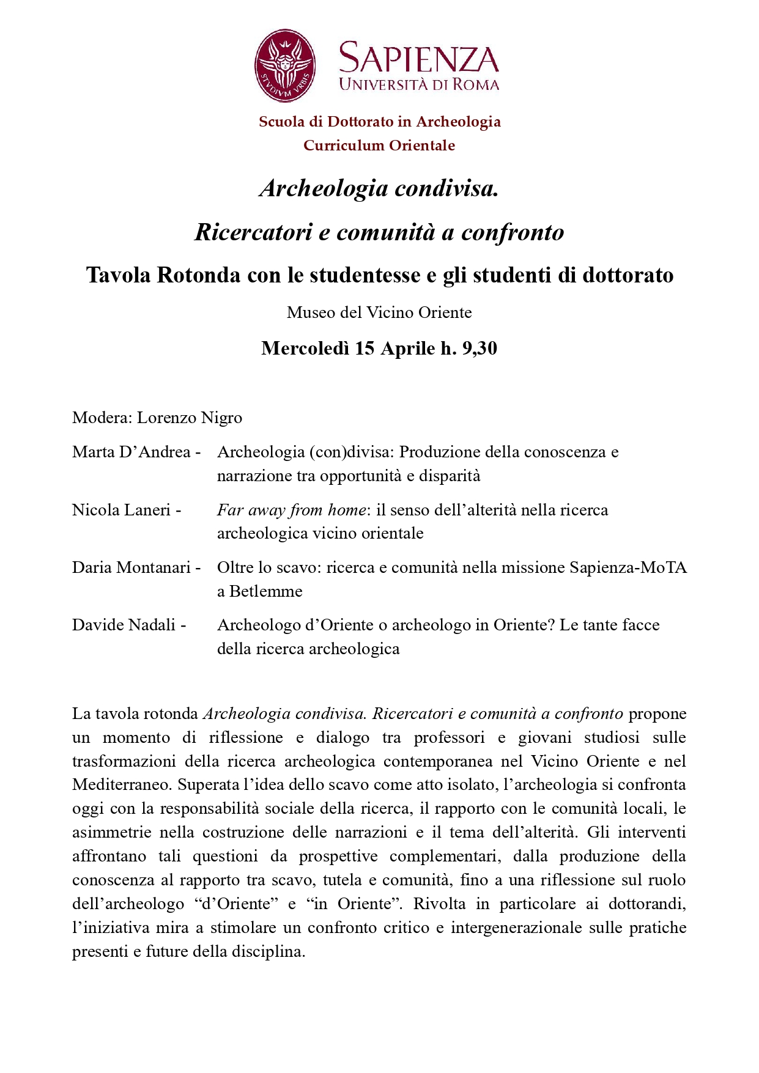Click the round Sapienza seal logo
(285, 65)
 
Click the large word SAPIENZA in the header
(419, 59)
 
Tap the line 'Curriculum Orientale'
(379, 146)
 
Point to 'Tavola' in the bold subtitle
(119, 275)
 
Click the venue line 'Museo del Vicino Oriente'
(379, 312)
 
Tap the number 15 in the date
(365, 348)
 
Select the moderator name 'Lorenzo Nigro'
(190, 418)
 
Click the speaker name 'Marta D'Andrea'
(131, 452)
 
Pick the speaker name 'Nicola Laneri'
(121, 510)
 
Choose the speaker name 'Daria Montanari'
(131, 567)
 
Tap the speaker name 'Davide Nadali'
(124, 625)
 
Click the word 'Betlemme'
(266, 591)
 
